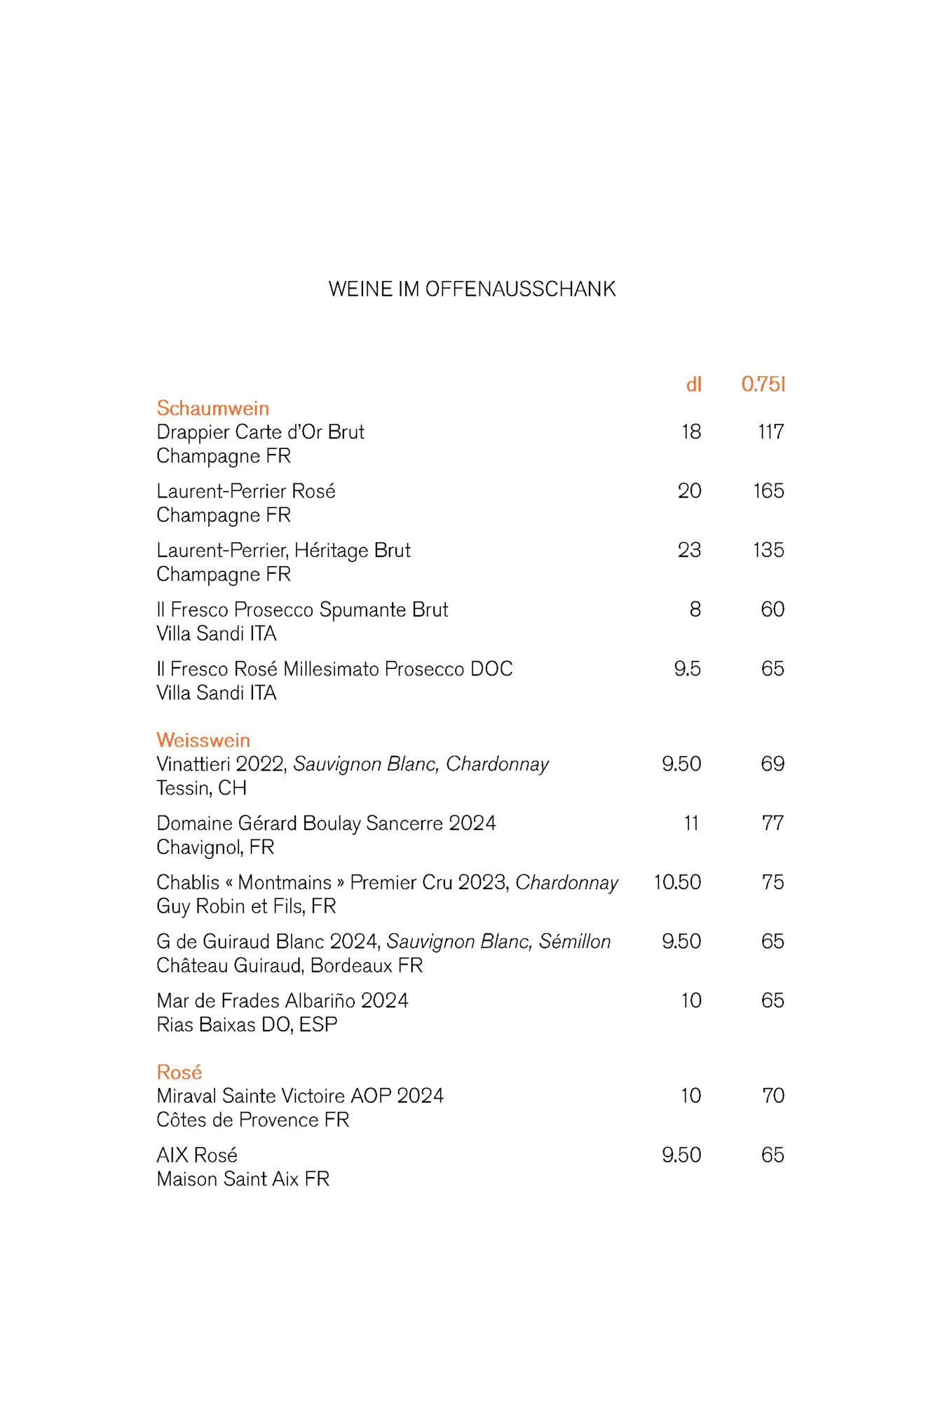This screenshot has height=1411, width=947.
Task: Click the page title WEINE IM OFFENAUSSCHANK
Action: [472, 289]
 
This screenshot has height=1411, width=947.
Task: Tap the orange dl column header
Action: [693, 384]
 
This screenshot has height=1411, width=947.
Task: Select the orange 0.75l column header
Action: [763, 384]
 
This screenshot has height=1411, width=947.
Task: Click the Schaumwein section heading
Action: [212, 408]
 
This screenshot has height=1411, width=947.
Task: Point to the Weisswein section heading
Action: [203, 740]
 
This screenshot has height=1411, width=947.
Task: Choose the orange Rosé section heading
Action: [179, 1072]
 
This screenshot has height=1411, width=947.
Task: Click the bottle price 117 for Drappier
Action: [770, 432]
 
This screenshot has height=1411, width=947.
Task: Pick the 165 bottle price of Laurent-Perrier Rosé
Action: [768, 490]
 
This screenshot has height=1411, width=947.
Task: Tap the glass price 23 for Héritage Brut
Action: [689, 550]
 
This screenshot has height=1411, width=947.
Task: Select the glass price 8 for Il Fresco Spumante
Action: [695, 609]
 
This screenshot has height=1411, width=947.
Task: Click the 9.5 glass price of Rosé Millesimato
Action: [687, 668]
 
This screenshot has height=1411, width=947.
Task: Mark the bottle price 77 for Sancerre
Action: [772, 822]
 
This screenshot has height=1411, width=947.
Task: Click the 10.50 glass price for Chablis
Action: [677, 882]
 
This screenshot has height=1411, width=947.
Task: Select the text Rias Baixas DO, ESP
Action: [247, 1024]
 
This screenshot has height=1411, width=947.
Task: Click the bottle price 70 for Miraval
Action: [772, 1096]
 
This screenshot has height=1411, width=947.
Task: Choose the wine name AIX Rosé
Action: [197, 1155]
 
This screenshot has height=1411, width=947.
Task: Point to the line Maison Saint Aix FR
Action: [243, 1179]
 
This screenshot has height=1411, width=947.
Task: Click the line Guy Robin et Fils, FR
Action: [246, 906]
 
